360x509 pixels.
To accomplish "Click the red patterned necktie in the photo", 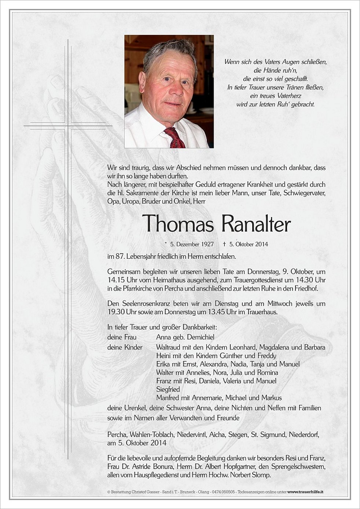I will tap(175, 138).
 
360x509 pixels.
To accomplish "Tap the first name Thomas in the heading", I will tap(177, 224).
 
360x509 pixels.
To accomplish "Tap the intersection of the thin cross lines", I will tap(68, 125).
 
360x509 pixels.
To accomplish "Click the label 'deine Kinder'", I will tap(125, 347).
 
